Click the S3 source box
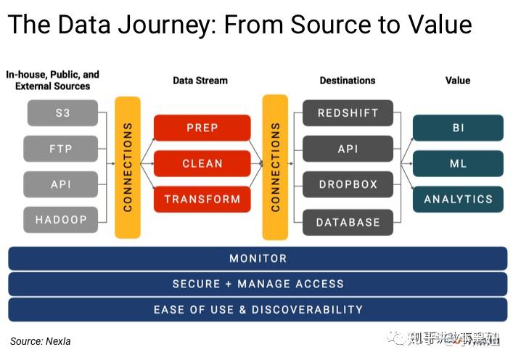click(x=62, y=113)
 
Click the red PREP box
click(x=202, y=128)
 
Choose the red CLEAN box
click(x=202, y=163)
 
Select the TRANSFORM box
click(x=202, y=199)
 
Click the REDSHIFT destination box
click(x=348, y=113)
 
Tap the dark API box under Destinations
click(x=348, y=149)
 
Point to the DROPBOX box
click(x=348, y=184)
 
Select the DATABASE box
click(x=348, y=221)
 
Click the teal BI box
click(x=458, y=128)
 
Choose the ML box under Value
click(x=458, y=163)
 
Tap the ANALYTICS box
click(x=458, y=199)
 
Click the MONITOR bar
click(x=258, y=258)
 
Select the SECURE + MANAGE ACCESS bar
click(x=258, y=284)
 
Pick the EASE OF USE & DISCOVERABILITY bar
click(x=258, y=309)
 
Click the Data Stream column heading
click(x=200, y=81)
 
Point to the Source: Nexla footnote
click(x=40, y=340)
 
